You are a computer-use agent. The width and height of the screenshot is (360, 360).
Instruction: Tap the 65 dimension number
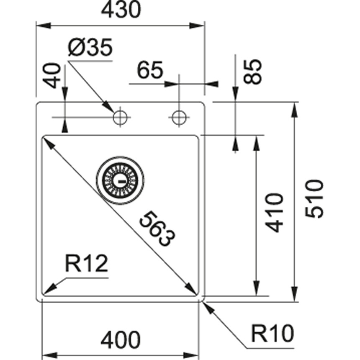149,72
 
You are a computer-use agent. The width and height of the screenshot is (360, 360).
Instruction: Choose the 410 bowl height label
275,212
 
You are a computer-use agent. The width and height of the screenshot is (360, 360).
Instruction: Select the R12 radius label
87,265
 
